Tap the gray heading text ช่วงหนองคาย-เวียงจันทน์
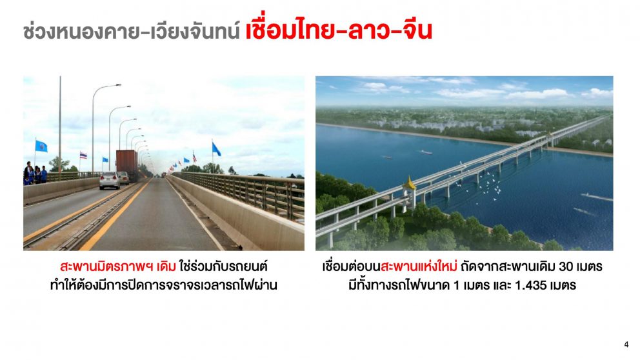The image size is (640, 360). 132,32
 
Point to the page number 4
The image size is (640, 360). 626,345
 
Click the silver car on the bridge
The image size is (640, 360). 110,180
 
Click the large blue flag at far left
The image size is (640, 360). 41,146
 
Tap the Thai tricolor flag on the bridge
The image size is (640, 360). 83,155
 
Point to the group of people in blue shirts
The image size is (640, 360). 35,174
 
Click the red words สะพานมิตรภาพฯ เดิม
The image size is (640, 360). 117,266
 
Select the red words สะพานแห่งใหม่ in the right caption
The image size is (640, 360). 418,266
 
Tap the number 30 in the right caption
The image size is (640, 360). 566,267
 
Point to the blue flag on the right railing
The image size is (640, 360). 216,149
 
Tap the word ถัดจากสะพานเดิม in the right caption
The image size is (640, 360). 508,266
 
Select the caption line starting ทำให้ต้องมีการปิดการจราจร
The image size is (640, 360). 163,285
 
